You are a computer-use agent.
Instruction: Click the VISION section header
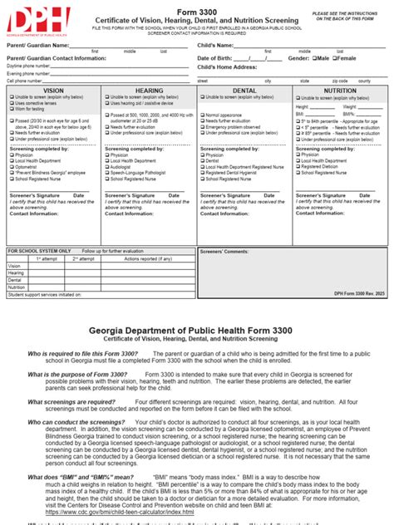pos(53,89)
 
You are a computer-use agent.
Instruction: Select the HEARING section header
pos(149,89)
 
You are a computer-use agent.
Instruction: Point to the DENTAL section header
pos(244,89)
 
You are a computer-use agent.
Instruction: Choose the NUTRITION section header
pos(340,89)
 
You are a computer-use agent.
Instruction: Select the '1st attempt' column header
pos(47,258)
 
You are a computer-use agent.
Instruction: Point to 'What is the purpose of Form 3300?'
pos(77,375)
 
